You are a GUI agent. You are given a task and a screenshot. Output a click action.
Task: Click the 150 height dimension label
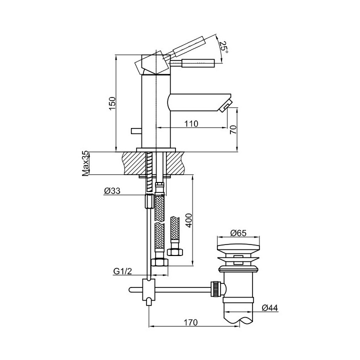(x=112, y=103)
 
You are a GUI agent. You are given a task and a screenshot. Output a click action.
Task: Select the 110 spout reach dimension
(x=191, y=124)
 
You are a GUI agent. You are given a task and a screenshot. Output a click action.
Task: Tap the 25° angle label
(x=223, y=47)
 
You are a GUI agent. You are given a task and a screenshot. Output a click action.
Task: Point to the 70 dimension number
(x=233, y=129)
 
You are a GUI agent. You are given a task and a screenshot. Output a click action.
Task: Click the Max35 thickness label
(x=85, y=163)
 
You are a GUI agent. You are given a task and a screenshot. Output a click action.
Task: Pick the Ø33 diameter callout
(x=112, y=191)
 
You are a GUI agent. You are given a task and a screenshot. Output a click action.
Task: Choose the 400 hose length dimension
(x=188, y=220)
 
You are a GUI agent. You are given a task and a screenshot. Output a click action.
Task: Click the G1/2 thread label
(x=122, y=271)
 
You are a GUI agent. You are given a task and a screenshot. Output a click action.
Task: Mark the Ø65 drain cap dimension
(x=238, y=233)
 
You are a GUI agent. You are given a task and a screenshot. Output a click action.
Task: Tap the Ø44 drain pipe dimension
(x=270, y=307)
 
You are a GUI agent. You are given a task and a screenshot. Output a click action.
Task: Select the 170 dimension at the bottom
(x=190, y=322)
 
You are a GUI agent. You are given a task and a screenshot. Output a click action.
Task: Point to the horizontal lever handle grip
(x=198, y=63)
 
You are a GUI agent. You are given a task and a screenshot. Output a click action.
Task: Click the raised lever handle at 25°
(x=188, y=46)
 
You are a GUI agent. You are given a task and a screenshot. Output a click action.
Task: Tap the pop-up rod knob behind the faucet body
(x=136, y=131)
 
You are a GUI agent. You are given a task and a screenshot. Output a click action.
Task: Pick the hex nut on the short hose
(x=175, y=252)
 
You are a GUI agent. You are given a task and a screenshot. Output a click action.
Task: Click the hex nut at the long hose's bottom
(x=160, y=262)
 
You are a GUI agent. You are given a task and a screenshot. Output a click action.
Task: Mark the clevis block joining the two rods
(x=149, y=289)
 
